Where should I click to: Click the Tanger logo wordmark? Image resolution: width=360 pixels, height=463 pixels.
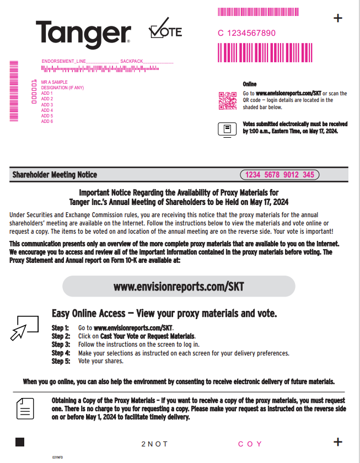tap(83, 34)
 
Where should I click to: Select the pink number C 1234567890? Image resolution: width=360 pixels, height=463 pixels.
tap(246, 33)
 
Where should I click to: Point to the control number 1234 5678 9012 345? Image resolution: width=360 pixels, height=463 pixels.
tap(280, 175)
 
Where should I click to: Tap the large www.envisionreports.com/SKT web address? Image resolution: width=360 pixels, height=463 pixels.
tap(179, 287)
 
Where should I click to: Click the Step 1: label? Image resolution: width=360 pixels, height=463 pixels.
tap(61, 328)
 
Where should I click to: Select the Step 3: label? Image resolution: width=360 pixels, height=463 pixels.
tap(61, 344)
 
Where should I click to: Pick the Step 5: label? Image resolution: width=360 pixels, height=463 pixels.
tap(61, 361)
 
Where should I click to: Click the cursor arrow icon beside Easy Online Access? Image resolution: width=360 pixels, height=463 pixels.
tap(25, 327)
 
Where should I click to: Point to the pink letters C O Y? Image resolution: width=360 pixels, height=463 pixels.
tap(250, 444)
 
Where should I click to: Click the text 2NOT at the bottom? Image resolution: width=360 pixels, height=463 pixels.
tap(154, 444)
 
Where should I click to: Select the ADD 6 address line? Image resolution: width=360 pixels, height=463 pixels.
tap(47, 121)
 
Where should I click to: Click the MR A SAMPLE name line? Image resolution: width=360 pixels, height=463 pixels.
tap(54, 82)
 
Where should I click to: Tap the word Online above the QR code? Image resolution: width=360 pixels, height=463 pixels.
tap(250, 84)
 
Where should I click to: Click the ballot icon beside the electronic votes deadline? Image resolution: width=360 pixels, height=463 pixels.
tap(227, 129)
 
